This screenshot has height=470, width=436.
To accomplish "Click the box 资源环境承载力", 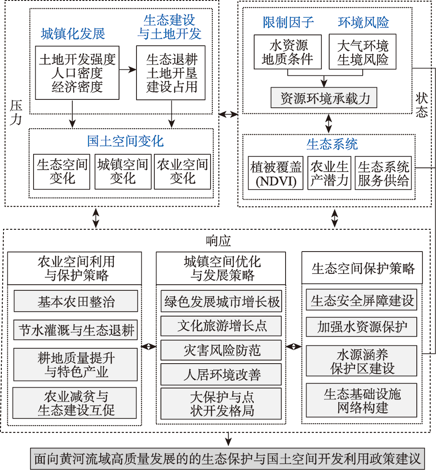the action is point(324,98).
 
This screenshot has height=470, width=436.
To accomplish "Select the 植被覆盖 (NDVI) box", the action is point(276,173).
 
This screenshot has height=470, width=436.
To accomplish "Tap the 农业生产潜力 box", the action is point(329,173).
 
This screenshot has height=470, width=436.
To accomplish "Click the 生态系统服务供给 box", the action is point(383,173).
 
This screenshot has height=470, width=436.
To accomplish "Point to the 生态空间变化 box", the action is point(61,172).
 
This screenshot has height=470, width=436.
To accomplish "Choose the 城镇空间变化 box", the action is point(123,172).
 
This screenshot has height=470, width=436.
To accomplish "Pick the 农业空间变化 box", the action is point(182,172).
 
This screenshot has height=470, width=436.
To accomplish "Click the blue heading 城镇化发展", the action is point(73,34).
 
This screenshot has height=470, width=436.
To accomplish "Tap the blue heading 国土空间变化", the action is point(126,141).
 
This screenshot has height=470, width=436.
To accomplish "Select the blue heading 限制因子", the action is point(288,22).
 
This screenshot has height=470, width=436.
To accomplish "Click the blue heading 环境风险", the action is point(364,22).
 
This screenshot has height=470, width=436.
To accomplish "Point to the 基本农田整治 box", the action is point(76,301).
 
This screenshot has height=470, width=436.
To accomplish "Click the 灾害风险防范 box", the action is point(221,350).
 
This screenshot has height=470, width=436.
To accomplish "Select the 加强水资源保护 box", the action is point(361,327).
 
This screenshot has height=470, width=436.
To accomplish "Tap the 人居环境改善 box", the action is point(221,375).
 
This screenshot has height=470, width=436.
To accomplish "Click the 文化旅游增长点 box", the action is point(221,326).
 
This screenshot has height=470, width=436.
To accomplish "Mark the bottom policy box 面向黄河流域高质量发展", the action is point(228,459).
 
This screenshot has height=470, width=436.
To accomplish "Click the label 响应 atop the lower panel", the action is point(218,241).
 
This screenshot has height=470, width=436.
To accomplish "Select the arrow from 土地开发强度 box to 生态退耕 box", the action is point(128,70).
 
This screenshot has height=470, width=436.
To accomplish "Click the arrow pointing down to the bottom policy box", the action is point(228,439).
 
